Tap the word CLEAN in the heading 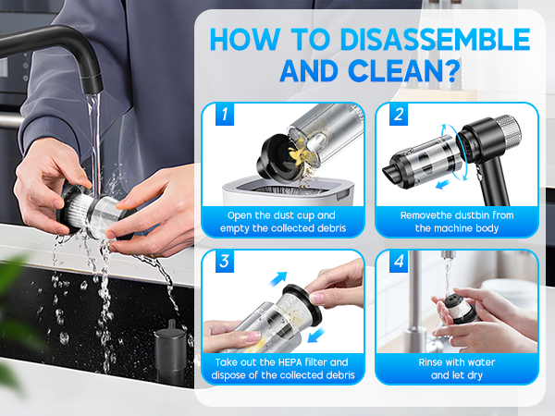coord(389,71)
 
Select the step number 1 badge coord(222,116)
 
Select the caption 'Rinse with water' coord(457,362)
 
